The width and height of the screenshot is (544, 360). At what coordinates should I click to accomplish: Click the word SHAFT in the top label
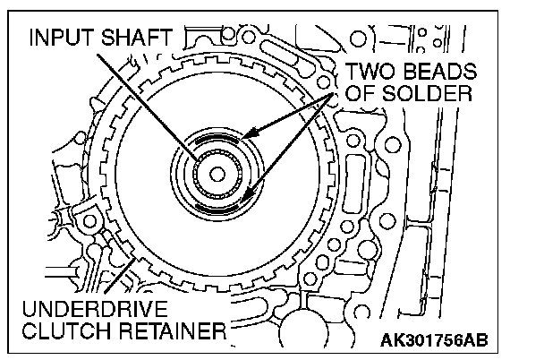coord(137,37)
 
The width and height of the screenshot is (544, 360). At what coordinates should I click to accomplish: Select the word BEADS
coord(440,72)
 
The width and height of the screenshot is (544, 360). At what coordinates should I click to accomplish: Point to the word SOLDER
coord(427,93)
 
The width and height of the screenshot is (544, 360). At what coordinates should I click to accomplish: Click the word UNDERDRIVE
coord(95,309)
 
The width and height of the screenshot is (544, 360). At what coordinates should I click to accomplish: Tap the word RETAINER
coord(173,330)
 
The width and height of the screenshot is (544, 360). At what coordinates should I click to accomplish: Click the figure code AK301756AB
coord(434,340)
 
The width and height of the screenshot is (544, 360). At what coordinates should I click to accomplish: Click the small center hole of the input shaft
coord(217,174)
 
